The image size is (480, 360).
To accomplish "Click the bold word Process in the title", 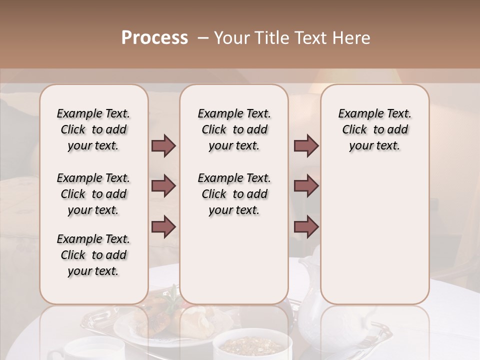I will tap(154, 38).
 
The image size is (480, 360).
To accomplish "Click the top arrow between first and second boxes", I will tap(163, 146).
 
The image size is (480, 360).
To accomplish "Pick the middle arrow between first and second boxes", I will tap(163, 186).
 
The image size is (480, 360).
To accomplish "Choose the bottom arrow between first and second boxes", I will tap(163, 227).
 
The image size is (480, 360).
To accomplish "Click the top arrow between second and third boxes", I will tap(306, 146).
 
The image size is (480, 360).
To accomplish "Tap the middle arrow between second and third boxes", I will tap(306, 186).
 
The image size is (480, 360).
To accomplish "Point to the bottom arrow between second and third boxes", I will tap(306, 227).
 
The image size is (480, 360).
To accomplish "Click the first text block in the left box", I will tap(93, 129).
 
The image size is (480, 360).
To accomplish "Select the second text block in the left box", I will tap(93, 194).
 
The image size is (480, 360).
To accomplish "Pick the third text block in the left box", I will tap(93, 255).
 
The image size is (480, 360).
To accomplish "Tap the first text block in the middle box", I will tap(234, 129).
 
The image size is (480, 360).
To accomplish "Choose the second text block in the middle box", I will tap(234, 194).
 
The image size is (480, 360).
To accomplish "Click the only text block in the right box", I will tap(375, 129).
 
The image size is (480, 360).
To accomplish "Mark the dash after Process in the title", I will tap(203, 38).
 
